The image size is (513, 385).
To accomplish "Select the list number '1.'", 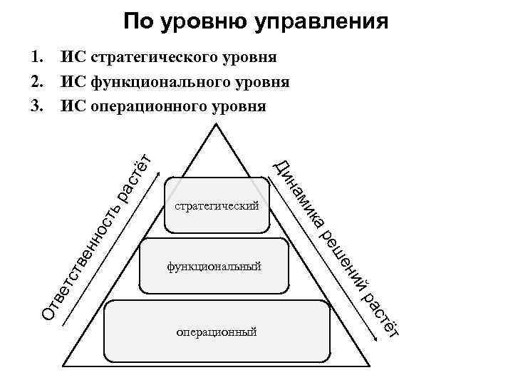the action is (x=37, y=56).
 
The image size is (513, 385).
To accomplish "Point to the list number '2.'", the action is (x=37, y=82).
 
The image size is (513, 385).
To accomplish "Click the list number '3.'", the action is (x=37, y=107).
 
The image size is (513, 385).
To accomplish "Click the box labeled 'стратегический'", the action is (x=217, y=206).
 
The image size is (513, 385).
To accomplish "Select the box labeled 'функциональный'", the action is (x=214, y=266).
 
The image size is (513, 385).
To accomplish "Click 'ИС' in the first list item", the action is (x=73, y=56).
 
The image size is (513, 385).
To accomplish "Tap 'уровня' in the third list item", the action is (x=242, y=107).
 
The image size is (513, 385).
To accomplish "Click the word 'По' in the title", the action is (x=136, y=21).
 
